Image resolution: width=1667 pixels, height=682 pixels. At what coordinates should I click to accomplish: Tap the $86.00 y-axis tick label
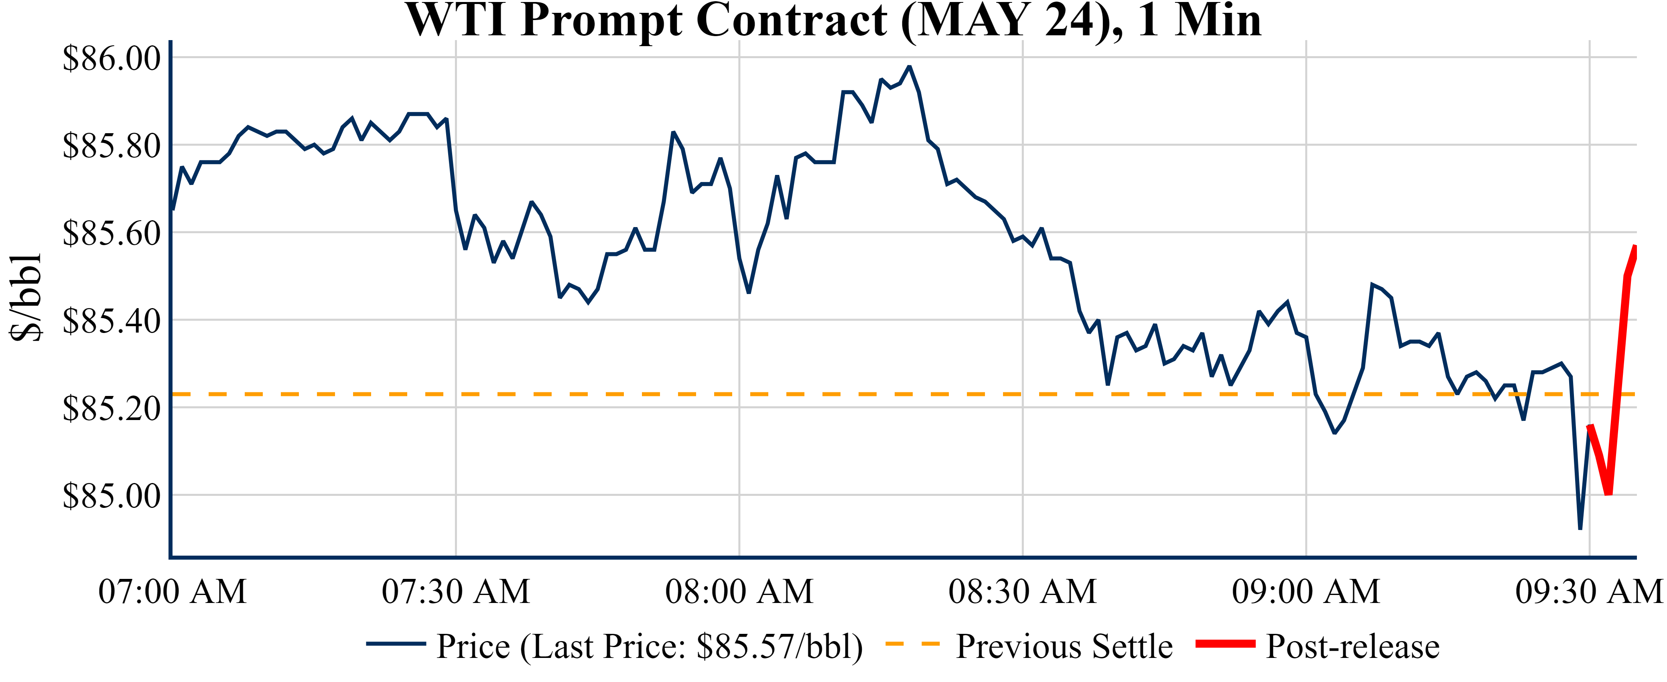point(111,58)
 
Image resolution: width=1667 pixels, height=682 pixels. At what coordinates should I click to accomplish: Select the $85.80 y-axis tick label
point(111,146)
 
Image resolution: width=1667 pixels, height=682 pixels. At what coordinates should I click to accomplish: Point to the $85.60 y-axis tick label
point(111,233)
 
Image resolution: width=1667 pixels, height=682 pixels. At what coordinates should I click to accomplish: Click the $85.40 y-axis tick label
point(111,320)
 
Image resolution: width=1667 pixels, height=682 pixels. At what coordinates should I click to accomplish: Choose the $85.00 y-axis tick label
point(111,495)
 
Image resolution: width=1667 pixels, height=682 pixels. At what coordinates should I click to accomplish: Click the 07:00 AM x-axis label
point(172,591)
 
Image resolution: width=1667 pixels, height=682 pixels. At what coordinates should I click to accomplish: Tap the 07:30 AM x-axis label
point(456,591)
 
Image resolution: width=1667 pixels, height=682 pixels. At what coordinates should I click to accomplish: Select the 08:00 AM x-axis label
point(739,591)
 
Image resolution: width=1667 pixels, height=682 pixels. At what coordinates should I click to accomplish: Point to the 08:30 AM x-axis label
point(1022,591)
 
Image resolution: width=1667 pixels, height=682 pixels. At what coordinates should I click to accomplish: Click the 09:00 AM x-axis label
point(1306,591)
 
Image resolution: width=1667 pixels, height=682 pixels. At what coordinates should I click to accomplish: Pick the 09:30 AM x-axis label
point(1589,591)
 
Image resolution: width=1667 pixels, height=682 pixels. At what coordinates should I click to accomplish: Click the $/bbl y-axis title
point(26,298)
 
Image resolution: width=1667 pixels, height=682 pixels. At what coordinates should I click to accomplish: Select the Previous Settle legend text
point(1064,646)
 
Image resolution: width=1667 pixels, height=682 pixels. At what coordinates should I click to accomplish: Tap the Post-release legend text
point(1352,646)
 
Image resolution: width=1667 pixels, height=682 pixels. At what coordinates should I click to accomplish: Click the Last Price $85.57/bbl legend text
point(649,646)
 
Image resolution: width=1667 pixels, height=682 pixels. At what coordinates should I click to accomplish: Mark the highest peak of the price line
point(909,66)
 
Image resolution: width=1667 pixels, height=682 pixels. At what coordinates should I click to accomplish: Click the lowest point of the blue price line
point(1580,529)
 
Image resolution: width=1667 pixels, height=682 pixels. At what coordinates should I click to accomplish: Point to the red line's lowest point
point(1608,494)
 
